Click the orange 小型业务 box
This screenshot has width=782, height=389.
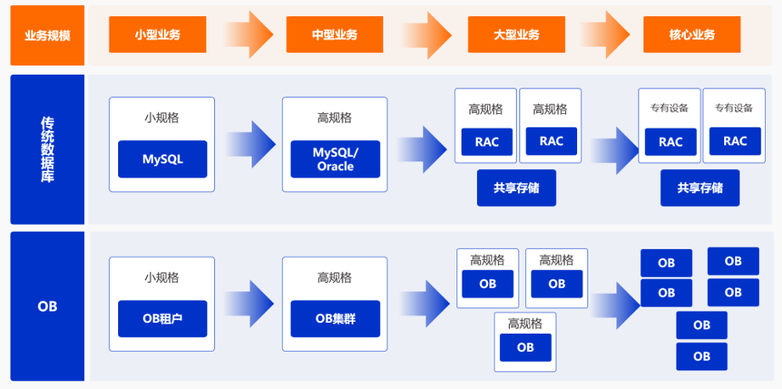coord(157,35)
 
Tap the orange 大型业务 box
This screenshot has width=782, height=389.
coord(516,35)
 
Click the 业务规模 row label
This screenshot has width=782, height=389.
coord(47,35)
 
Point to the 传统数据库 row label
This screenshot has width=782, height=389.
coord(47,149)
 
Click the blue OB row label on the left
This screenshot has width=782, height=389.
coord(47,306)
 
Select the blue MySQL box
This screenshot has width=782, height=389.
coord(162,159)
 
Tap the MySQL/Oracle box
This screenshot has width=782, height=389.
coord(335,159)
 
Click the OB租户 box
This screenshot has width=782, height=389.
coord(162,319)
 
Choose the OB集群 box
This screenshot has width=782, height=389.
coord(335,319)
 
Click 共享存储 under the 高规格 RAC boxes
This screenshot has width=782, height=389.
coord(516,188)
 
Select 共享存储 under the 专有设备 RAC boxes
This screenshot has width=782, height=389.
coord(700,188)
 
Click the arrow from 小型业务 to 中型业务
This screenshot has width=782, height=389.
coord(248,35)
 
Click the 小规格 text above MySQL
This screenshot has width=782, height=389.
coord(161,118)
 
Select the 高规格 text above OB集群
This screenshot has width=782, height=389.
coord(334,278)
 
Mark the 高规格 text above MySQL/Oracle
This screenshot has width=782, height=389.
coord(334,118)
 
